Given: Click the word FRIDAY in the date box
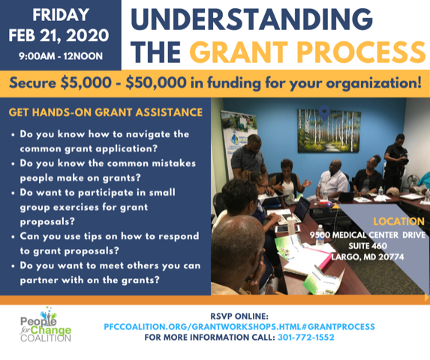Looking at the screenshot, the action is pos(61,15).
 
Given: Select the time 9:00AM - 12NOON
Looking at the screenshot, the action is pos(61,56).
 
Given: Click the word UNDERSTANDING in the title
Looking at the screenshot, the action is pos(251,19).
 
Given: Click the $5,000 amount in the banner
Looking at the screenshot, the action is pos(86,82).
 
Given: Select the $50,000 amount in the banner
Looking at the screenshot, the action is pos(156,82).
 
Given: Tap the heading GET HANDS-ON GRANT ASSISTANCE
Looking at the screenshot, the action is pos(106,112).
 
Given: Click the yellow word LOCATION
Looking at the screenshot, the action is pos(398,221).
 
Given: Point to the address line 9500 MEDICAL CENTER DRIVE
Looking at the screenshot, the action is pos(368,235).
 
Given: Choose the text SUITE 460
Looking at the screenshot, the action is pos(368,246).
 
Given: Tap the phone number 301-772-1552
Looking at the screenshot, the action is pos(306,337).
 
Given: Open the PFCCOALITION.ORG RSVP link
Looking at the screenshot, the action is pos(239,327).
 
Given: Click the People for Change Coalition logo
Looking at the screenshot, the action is pos(46,325).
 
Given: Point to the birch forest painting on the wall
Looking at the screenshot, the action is pos(329,130).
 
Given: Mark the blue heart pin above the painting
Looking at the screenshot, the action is pos(324,113).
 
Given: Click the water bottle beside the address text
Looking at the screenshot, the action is pos(320,235).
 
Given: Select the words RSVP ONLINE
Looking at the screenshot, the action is pos(239,316).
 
